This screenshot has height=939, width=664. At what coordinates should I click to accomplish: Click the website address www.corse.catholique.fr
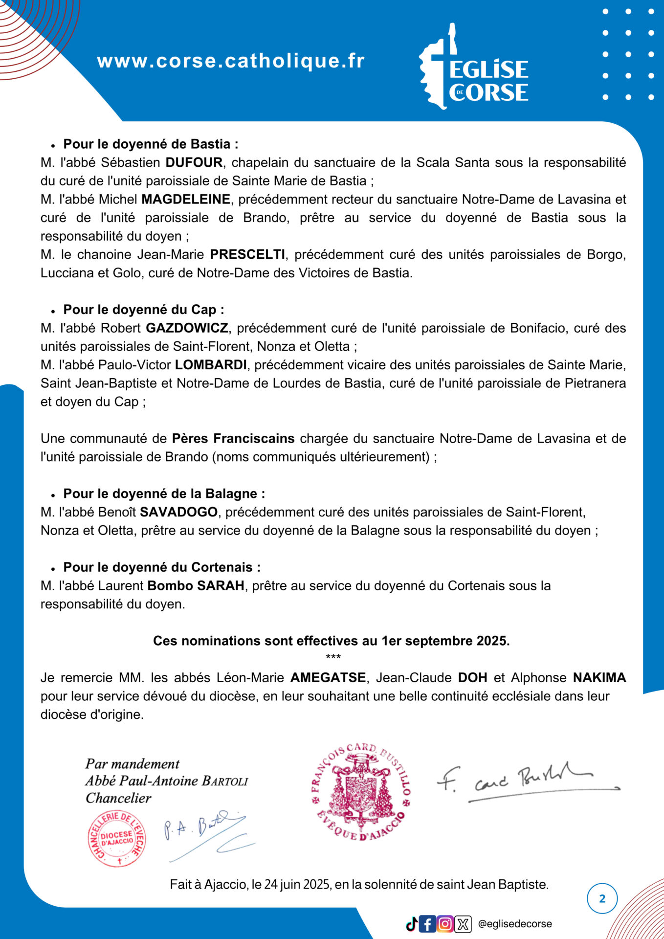(x=231, y=61)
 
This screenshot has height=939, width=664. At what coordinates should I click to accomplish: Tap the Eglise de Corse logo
(x=473, y=68)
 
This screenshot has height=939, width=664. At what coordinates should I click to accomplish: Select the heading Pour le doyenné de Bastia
(x=151, y=144)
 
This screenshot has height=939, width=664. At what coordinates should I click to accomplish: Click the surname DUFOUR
(x=194, y=162)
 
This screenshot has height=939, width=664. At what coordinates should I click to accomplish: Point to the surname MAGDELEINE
(x=186, y=200)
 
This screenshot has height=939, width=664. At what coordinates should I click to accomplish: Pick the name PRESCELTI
(x=247, y=254)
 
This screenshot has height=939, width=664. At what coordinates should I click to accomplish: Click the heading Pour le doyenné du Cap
(x=144, y=310)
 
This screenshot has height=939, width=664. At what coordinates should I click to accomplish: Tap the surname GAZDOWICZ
(x=187, y=328)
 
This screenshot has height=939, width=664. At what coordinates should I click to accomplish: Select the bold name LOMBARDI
(x=211, y=365)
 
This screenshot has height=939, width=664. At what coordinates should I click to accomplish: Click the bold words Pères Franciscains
(x=233, y=439)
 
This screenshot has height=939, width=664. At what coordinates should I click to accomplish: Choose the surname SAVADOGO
(x=178, y=512)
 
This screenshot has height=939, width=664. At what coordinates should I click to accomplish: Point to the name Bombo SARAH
(x=196, y=586)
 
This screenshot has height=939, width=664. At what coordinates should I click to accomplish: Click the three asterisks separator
(x=333, y=657)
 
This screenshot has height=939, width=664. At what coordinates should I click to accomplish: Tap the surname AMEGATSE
(x=328, y=678)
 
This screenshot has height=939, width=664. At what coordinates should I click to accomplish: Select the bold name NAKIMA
(x=599, y=678)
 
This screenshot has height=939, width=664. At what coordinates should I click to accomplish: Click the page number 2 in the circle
(x=602, y=898)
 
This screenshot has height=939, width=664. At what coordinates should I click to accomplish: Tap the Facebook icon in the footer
(x=427, y=924)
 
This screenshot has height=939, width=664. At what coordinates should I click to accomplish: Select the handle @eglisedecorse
(x=515, y=924)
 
